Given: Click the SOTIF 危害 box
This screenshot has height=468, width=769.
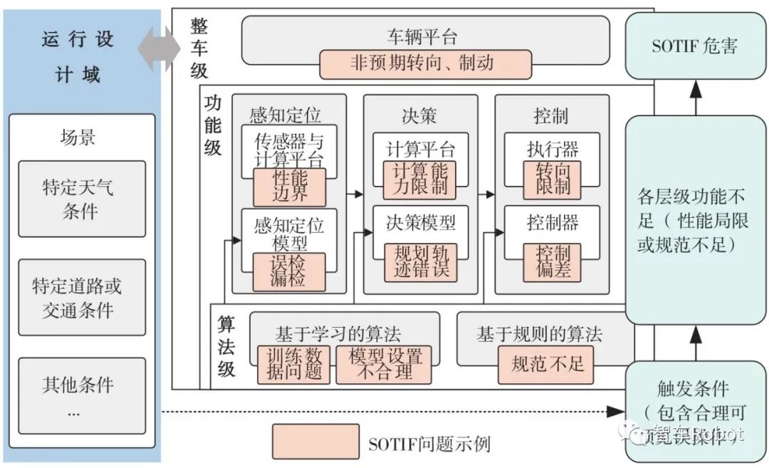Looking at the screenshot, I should point(695,46).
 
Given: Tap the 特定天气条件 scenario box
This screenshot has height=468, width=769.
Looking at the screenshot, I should point(82,199).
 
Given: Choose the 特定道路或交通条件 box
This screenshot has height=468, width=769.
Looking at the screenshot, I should point(82,297).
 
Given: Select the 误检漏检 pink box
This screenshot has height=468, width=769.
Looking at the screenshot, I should point(289,271).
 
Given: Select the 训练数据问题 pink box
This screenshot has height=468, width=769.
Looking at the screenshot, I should point(294,364).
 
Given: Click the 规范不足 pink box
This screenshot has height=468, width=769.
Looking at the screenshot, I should point(547,364).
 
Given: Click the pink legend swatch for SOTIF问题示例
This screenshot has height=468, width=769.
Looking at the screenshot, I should point(315,442).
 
